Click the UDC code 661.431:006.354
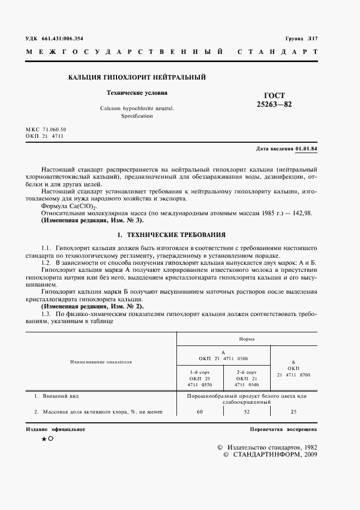click(x=62, y=38)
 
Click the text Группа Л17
click(x=301, y=38)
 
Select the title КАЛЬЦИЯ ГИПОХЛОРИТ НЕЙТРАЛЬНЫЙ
click(x=137, y=78)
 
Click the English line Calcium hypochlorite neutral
click(x=137, y=108)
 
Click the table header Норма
click(x=247, y=338)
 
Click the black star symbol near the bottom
click(x=44, y=439)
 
